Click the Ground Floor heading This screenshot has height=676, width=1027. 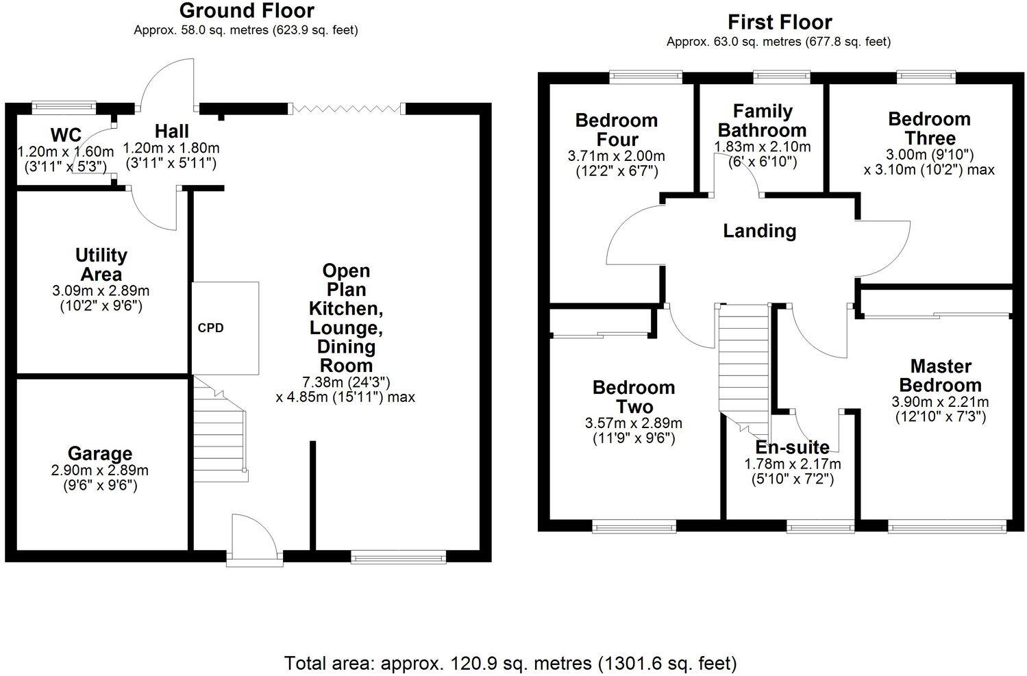coord(246,11)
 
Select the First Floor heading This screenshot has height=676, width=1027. coord(779,22)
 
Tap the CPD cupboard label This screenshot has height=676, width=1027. coord(210,328)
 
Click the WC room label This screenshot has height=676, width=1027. coord(66,134)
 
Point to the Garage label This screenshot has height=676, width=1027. coord(100,453)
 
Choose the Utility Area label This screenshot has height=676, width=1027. coord(101,264)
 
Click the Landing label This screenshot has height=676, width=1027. coord(760,231)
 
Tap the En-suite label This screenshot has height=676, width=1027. coord(792,447)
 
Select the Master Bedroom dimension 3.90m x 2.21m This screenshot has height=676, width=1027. coord(940,401)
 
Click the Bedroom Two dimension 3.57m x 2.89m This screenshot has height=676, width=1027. coord(634,423)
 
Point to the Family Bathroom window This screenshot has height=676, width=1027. coord(781,76)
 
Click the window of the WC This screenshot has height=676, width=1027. coord(64,106)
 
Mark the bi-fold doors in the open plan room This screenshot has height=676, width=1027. coord(346,108)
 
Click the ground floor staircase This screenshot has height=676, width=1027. coord(219,428)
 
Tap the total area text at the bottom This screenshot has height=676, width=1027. coord(510,662)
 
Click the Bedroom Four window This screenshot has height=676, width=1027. coord(645,76)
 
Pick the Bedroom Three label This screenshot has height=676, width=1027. coord(929,128)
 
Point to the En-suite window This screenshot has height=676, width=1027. coord(820,526)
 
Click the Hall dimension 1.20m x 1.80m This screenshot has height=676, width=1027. coord(171,148)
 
